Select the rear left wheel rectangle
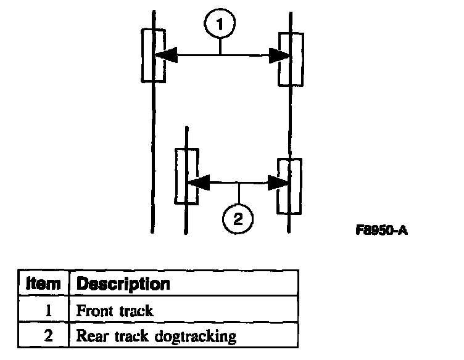[x=186, y=176]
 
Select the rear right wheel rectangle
[x=289, y=186]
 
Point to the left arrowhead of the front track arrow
[x=165, y=55]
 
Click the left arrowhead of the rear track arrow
[x=199, y=182]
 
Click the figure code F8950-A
[x=382, y=231]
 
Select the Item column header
[x=44, y=284]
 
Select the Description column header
[x=123, y=284]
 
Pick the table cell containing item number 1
[x=44, y=310]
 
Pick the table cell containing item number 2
[x=44, y=336]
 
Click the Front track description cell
[x=114, y=310]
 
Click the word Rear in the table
[x=89, y=337]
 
